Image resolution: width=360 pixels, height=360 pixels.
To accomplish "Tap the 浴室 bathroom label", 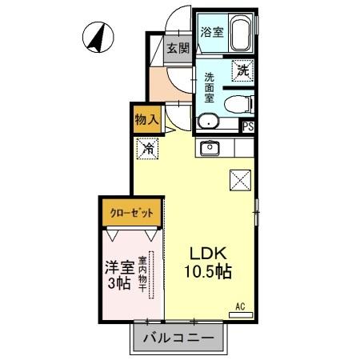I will pyautogui.click(x=212, y=33).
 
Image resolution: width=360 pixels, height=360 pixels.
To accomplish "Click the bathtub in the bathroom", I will pyautogui.click(x=240, y=34).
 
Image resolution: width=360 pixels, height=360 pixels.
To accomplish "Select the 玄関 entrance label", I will pyautogui.click(x=178, y=47).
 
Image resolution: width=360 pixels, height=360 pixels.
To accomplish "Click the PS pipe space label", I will pyautogui.click(x=248, y=126).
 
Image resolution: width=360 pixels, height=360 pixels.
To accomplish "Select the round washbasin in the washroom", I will pyautogui.click(x=206, y=122).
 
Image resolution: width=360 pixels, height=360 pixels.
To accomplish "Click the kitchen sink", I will pyautogui.click(x=211, y=147).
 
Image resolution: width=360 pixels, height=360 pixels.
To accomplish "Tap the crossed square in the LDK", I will pyautogui.click(x=240, y=182).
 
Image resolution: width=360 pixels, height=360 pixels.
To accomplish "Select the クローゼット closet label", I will pyautogui.click(x=131, y=214).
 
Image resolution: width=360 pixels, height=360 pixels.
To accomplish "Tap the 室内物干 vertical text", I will pyautogui.click(x=142, y=274).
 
